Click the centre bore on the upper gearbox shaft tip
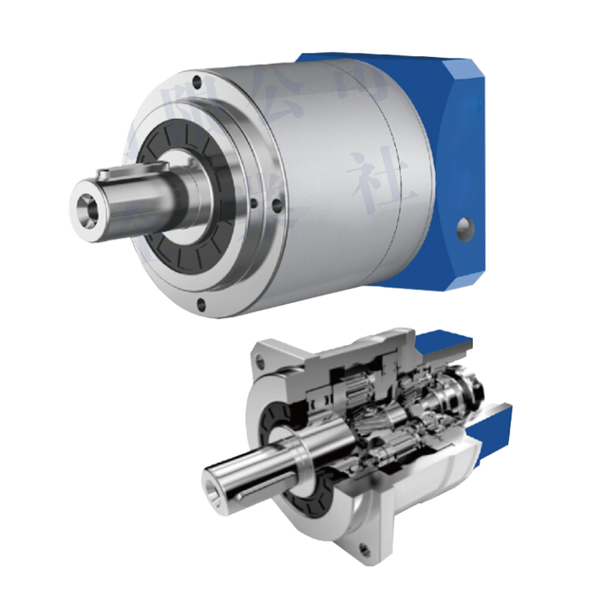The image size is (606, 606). click(x=86, y=208)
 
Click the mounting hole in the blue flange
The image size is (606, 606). click(x=466, y=230)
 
